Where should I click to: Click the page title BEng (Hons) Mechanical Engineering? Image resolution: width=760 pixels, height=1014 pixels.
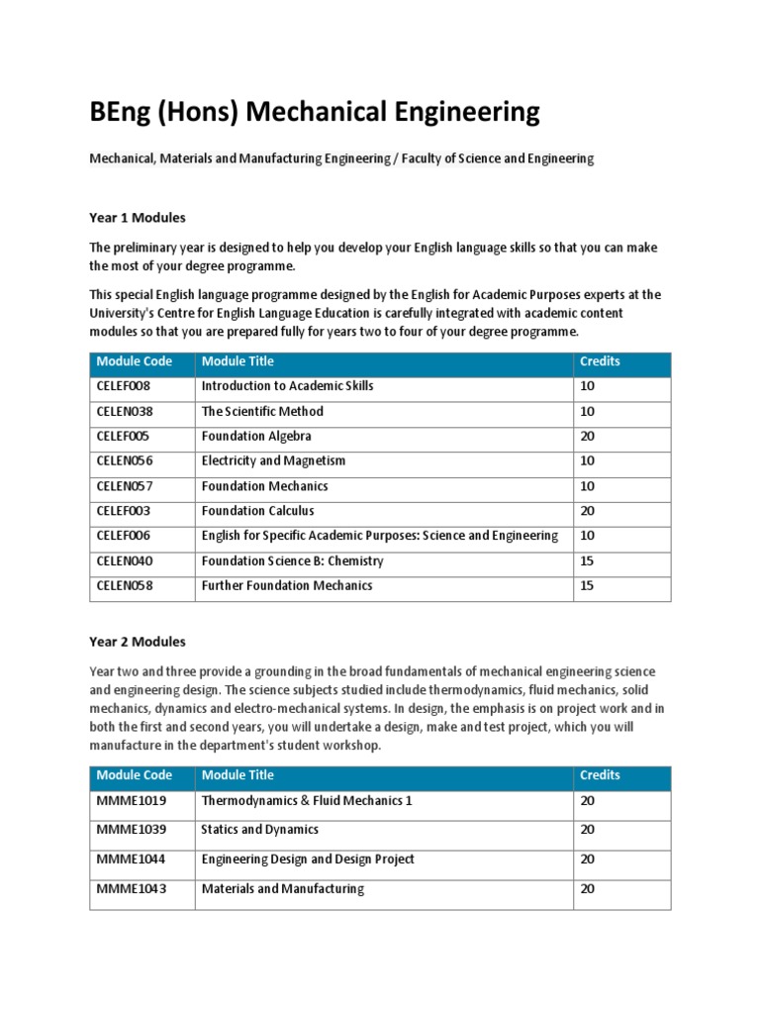(315, 112)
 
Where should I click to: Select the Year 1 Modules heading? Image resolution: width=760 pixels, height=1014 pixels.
(138, 217)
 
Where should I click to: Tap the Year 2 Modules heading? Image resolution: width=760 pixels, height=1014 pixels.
(138, 642)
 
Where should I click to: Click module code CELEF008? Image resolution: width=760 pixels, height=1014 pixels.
(124, 386)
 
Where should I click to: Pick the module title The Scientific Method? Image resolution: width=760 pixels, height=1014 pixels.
(262, 411)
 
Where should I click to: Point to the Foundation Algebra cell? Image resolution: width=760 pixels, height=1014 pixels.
(255, 436)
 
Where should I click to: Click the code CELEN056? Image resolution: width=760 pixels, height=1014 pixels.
(124, 460)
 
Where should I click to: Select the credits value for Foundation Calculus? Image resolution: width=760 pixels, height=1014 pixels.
(587, 511)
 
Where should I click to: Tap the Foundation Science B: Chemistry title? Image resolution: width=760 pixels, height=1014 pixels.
(292, 560)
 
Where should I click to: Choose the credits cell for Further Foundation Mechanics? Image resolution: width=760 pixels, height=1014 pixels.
(587, 585)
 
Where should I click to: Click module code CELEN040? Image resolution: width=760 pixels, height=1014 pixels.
(124, 560)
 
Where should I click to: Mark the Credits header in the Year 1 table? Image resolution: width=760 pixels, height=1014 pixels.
(600, 361)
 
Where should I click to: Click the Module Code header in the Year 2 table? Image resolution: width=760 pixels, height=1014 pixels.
(134, 775)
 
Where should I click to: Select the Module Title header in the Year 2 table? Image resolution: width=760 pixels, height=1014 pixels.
(237, 775)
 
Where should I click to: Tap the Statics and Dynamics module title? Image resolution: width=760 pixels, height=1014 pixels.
(259, 830)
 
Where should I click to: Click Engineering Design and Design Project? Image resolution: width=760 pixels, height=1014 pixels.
(308, 860)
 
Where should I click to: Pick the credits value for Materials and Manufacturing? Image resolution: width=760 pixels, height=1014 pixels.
(587, 889)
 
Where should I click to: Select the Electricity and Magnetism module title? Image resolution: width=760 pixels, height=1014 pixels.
(273, 460)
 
